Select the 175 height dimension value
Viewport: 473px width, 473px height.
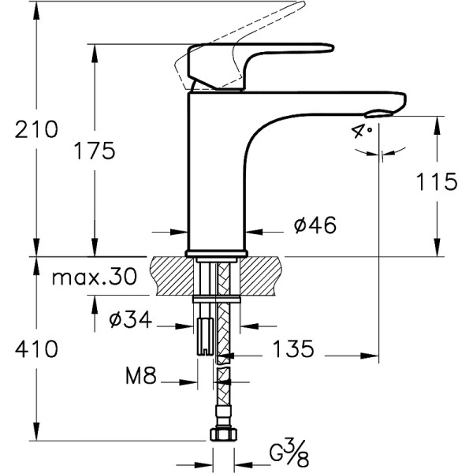click(95, 150)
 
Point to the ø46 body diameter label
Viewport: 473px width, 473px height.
click(315, 225)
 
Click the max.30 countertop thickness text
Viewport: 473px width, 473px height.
click(93, 277)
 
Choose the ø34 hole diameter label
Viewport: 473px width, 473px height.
click(130, 320)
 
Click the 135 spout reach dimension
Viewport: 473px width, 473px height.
click(293, 348)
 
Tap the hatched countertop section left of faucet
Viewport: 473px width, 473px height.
click(169, 275)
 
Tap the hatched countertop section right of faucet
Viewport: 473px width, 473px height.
click(264, 275)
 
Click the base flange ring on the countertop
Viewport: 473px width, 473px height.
click(215, 254)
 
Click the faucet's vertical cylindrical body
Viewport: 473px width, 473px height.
click(214, 173)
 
